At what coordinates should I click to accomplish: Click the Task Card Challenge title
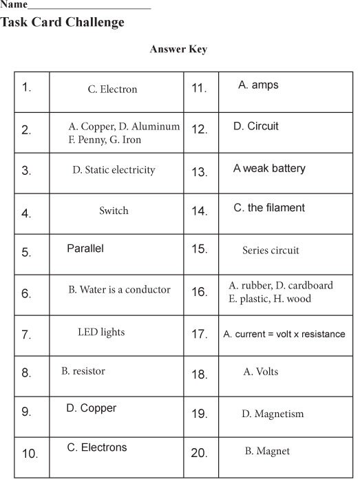[63, 23]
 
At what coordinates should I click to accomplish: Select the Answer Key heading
[178, 50]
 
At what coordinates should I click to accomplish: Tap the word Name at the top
[14, 4]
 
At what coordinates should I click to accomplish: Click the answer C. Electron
[112, 89]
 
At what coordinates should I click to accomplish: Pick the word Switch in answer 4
[114, 211]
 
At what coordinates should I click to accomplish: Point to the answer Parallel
[85, 249]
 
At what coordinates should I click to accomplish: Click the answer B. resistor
[83, 372]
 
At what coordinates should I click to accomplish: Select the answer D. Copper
[92, 408]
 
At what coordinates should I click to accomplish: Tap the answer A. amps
[258, 85]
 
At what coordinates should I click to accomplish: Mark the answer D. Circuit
[256, 127]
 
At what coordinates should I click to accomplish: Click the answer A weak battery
[269, 169]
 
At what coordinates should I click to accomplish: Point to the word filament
[284, 208]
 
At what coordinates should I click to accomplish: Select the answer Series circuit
[271, 251]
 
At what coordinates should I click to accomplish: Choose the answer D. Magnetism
[272, 414]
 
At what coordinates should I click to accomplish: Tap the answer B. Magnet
[267, 452]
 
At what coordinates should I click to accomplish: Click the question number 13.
[199, 172]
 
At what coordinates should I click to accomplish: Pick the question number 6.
[26, 294]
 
